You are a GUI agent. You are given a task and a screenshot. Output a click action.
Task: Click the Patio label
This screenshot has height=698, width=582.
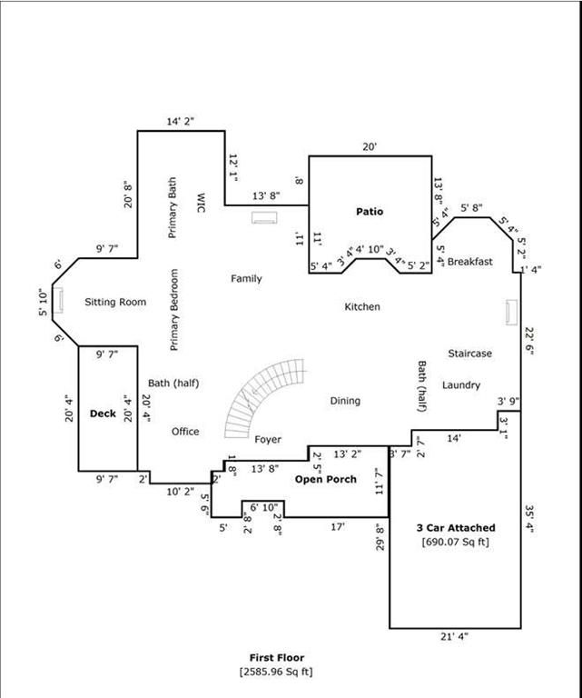click(370, 212)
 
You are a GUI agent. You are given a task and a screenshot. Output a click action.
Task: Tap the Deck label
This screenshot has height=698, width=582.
click(103, 414)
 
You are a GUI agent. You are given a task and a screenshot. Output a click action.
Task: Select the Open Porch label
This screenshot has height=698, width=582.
click(326, 480)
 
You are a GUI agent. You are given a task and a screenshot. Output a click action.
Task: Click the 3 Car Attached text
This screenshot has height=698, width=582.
click(456, 528)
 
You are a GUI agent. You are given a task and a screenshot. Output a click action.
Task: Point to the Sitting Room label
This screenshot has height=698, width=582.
click(115, 303)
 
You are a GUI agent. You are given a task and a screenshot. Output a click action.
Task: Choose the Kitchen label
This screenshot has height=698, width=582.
click(362, 306)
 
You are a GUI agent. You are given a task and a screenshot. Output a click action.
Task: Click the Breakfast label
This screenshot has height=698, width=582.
click(470, 262)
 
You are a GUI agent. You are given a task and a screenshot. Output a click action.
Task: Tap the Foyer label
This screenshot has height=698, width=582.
click(268, 440)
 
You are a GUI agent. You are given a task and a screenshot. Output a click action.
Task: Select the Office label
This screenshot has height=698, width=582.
click(185, 432)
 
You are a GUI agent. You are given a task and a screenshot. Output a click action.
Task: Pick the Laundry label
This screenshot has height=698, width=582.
click(461, 385)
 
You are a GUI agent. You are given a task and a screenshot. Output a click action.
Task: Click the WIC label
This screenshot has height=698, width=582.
click(201, 203)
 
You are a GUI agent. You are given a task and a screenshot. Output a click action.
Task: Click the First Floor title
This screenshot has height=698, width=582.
click(277, 657)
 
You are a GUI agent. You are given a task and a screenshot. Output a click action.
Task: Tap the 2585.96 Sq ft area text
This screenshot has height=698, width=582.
click(276, 672)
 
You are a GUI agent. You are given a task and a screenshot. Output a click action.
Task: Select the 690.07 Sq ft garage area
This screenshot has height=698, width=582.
click(455, 543)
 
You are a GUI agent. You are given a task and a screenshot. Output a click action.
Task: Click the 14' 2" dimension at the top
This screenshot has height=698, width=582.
click(181, 122)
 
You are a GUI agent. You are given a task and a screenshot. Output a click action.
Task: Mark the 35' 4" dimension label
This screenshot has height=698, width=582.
click(529, 519)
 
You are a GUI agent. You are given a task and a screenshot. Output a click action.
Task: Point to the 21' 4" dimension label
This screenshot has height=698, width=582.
click(454, 637)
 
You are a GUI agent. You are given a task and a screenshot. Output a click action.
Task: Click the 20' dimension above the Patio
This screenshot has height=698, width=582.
click(370, 147)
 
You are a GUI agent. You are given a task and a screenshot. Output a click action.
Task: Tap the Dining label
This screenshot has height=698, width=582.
click(345, 401)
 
